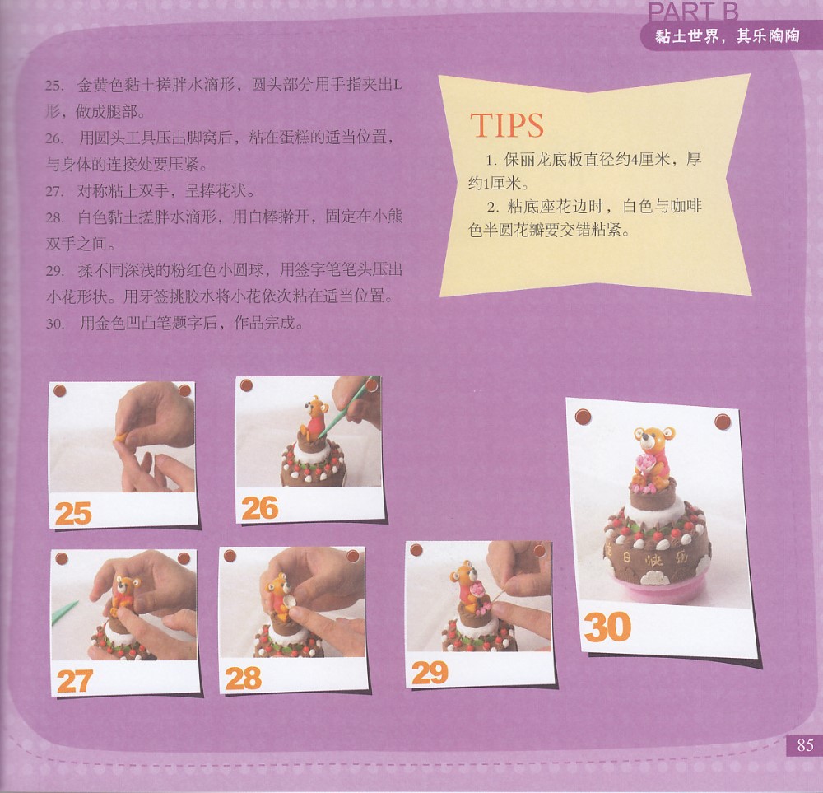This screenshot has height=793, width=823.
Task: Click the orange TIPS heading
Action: click(506, 125)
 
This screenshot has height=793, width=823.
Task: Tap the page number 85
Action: click(805, 745)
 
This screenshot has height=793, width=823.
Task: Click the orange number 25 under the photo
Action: click(73, 513)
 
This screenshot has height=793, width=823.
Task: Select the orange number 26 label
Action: click(260, 508)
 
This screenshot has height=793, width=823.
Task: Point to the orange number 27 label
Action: click(75, 681)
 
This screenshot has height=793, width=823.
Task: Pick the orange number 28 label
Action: click(243, 678)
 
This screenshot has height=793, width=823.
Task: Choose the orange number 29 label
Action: click(430, 673)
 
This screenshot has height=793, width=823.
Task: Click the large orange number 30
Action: click(607, 627)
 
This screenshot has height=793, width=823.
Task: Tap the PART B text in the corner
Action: click(693, 12)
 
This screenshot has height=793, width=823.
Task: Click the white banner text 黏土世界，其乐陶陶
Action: click(727, 36)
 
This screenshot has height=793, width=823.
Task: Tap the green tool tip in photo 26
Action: click(323, 432)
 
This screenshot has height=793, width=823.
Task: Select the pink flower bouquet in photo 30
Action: click(644, 464)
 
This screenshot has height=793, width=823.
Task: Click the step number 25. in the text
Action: click(54, 86)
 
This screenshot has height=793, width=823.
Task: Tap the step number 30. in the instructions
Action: click(55, 324)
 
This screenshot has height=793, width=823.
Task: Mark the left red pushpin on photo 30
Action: click(584, 417)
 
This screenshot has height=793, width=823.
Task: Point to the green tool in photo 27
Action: click(64, 613)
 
